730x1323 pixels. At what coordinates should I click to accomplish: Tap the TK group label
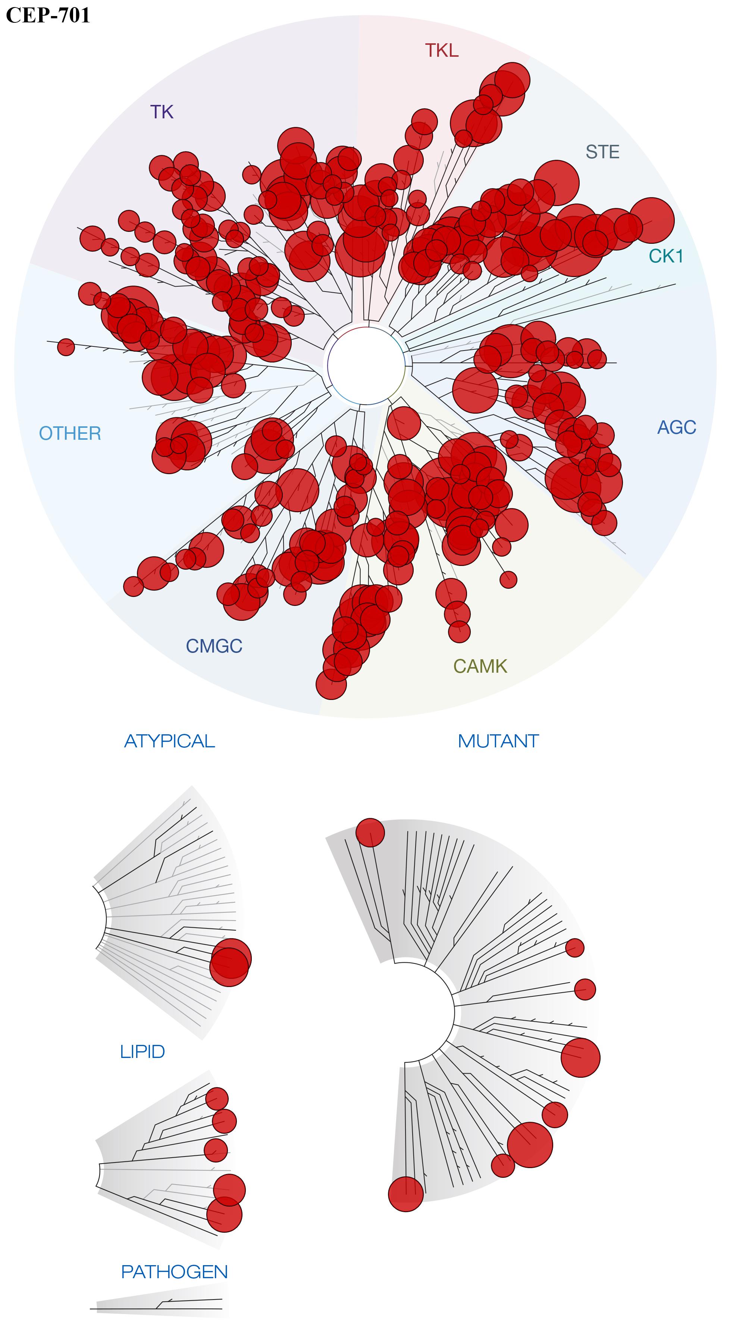(162, 112)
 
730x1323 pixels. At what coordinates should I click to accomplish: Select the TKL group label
(442, 50)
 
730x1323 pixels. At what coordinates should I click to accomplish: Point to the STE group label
(602, 152)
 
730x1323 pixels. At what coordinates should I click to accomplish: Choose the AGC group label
(677, 427)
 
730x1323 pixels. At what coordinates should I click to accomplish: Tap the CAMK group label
(480, 666)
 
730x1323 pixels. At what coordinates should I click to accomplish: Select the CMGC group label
(214, 646)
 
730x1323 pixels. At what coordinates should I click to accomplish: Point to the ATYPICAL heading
(169, 741)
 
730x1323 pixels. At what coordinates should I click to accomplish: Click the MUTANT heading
(498, 741)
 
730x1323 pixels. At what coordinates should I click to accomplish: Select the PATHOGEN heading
(174, 1271)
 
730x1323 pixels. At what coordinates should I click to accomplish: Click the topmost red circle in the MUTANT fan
(370, 832)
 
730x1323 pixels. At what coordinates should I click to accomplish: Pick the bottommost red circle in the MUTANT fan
(405, 1194)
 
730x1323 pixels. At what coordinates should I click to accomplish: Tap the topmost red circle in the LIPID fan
(217, 1099)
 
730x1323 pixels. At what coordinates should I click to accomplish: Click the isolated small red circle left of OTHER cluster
(66, 347)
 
